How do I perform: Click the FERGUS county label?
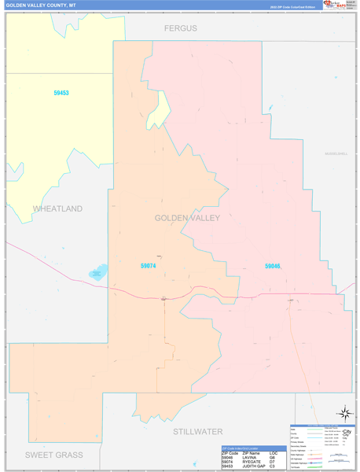180,28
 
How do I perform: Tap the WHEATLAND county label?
57,208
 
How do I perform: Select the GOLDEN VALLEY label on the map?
187,218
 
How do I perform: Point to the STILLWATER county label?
197,431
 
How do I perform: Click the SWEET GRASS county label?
53,455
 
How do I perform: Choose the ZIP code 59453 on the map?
61,93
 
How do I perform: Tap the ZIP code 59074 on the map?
148,266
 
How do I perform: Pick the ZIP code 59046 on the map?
272,266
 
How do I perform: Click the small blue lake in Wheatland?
98,272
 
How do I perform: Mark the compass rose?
344,413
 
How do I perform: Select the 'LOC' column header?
273,453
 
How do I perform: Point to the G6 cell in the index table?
272,457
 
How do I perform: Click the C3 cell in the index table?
272,466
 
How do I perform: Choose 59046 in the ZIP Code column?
229,457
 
